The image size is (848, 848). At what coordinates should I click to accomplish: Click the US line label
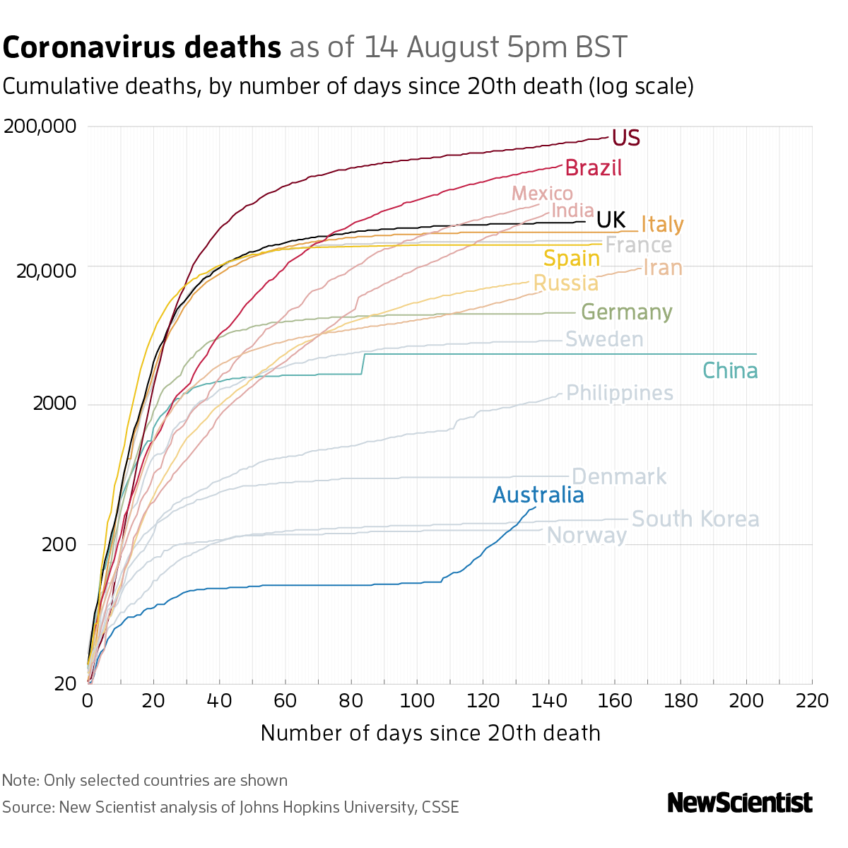point(626,138)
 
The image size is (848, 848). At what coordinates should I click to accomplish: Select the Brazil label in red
point(594,168)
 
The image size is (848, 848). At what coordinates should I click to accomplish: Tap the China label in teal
point(730,371)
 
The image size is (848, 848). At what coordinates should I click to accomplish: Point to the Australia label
point(538,495)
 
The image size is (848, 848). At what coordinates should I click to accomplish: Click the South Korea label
point(695,519)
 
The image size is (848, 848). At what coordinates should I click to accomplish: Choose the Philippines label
point(620,393)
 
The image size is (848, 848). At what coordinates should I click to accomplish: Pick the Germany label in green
point(626,312)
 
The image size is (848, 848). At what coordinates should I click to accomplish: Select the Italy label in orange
point(662,224)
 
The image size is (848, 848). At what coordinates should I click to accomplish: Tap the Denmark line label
point(619,477)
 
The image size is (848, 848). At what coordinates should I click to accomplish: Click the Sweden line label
point(604,340)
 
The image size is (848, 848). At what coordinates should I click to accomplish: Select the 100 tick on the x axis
point(417,701)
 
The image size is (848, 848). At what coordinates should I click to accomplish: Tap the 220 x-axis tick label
point(812,701)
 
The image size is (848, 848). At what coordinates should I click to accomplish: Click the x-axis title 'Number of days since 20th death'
point(430,734)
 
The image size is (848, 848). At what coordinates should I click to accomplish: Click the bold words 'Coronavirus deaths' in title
point(142,48)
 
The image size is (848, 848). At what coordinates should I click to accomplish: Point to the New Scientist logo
point(740,803)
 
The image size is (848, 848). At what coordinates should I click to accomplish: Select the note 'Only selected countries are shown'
point(165,781)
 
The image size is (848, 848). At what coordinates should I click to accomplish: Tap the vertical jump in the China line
point(363,363)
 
